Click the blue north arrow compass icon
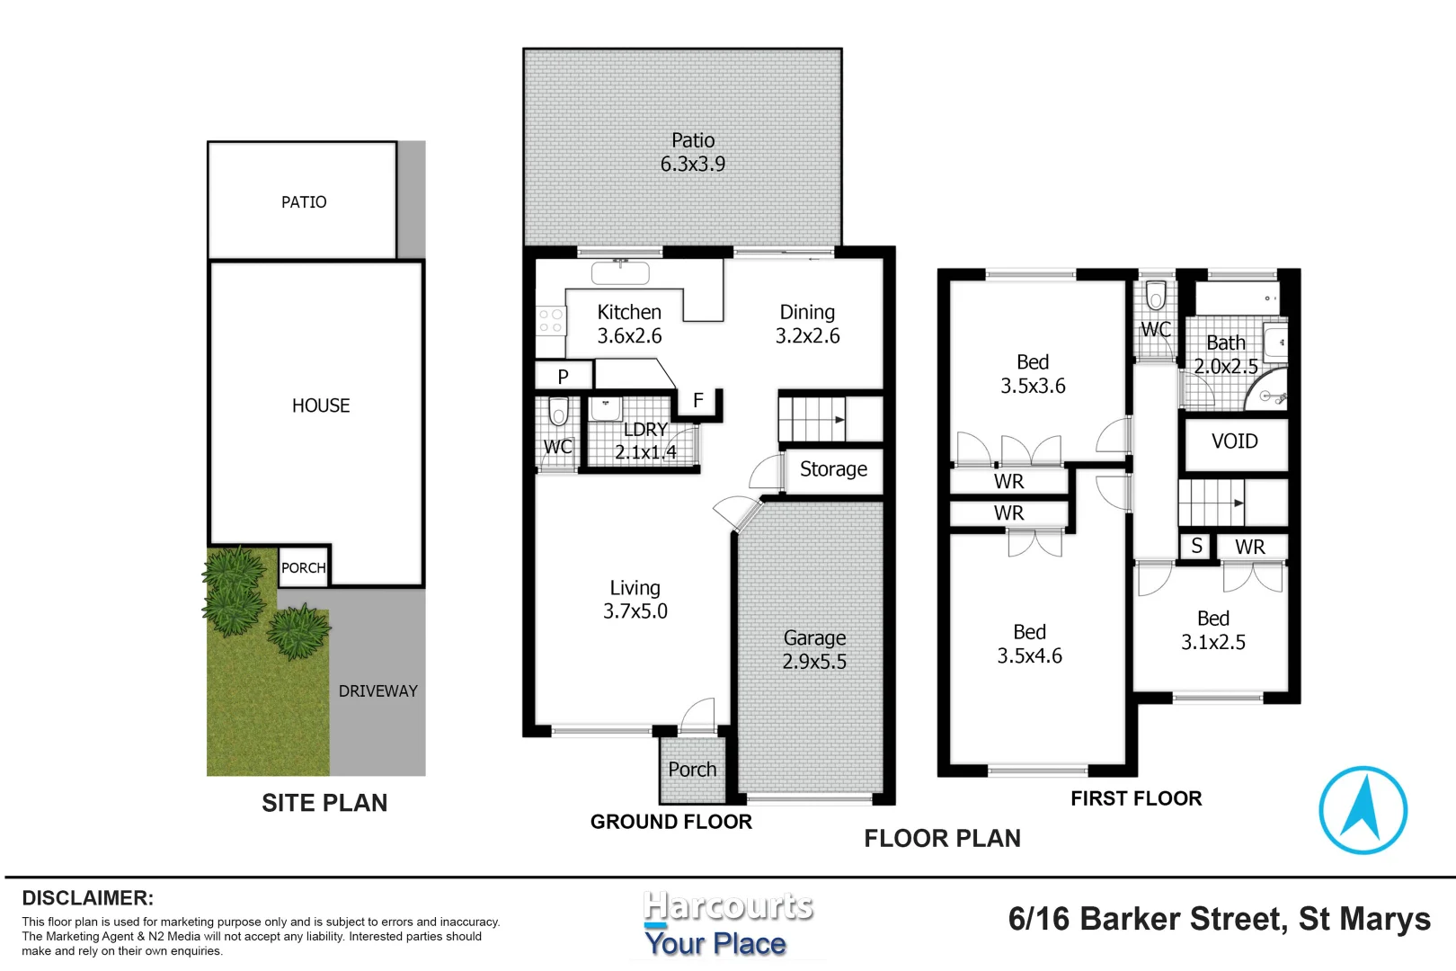pyautogui.click(x=1363, y=809)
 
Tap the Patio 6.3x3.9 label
pyautogui.click(x=693, y=152)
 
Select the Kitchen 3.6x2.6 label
pyautogui.click(x=629, y=324)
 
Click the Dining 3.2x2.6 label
pyautogui.click(x=807, y=324)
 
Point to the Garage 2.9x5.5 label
pyautogui.click(x=814, y=649)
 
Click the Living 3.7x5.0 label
pyautogui.click(x=635, y=599)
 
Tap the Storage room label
pyautogui.click(x=833, y=469)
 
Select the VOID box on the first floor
pyautogui.click(x=1234, y=441)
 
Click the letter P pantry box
pyautogui.click(x=564, y=376)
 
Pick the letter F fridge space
pyautogui.click(x=698, y=401)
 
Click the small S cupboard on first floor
pyautogui.click(x=1196, y=546)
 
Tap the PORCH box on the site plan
pyautogui.click(x=303, y=567)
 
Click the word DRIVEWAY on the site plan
pyautogui.click(x=377, y=690)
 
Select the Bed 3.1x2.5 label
pyautogui.click(x=1212, y=630)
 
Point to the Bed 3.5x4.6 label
pyautogui.click(x=1029, y=644)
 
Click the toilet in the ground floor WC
pyautogui.click(x=558, y=413)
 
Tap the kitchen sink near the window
pyautogui.click(x=620, y=272)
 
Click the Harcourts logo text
pyautogui.click(x=728, y=906)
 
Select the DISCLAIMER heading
pyautogui.click(x=88, y=897)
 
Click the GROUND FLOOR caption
pyautogui.click(x=670, y=821)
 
